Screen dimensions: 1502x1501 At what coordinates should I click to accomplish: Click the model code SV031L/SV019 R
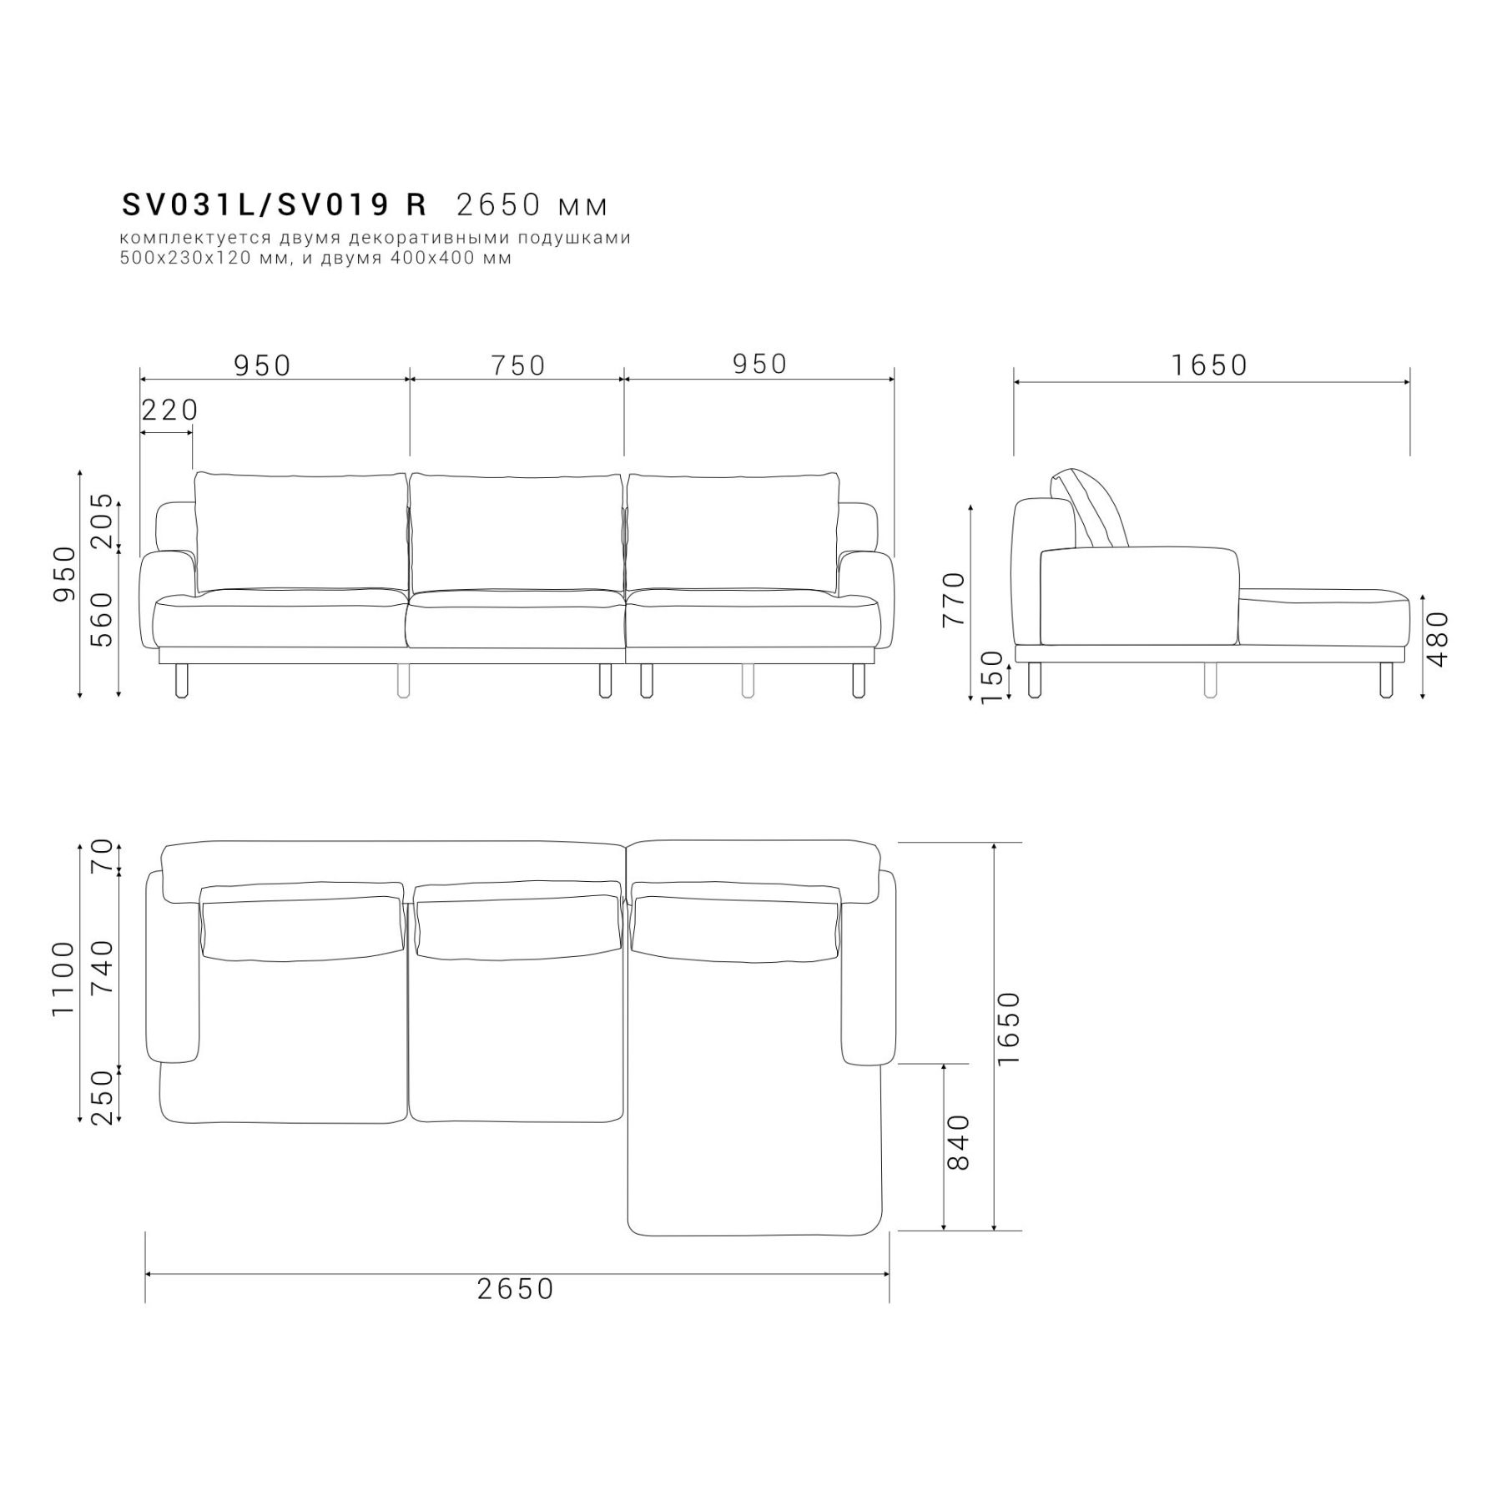[275, 204]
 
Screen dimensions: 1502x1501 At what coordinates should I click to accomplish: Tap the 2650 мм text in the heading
[532, 204]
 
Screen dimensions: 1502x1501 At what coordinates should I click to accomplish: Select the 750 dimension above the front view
[518, 365]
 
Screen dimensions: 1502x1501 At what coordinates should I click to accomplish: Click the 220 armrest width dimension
[169, 410]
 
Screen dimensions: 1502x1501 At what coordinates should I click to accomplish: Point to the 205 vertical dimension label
[101, 521]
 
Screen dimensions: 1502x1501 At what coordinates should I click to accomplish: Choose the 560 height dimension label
[101, 619]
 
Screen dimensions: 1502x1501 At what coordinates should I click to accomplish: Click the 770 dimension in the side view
[953, 599]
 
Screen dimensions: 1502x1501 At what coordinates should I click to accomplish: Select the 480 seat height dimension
[1438, 639]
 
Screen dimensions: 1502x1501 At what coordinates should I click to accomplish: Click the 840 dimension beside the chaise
[960, 1142]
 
